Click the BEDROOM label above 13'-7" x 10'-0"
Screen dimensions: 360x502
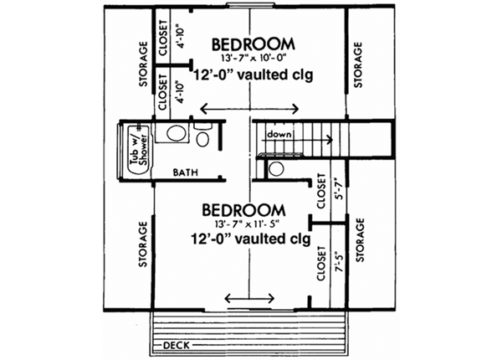(x=252, y=44)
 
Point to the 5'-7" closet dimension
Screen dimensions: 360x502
(x=339, y=191)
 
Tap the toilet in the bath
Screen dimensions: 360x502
(x=203, y=134)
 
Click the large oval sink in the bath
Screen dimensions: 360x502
(x=174, y=132)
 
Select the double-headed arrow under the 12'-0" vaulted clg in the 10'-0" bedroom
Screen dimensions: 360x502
(x=250, y=109)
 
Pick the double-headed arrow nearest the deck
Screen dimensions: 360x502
(x=250, y=298)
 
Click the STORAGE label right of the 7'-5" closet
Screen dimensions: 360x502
(x=361, y=241)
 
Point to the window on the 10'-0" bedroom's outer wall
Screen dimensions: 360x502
(x=250, y=8)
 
